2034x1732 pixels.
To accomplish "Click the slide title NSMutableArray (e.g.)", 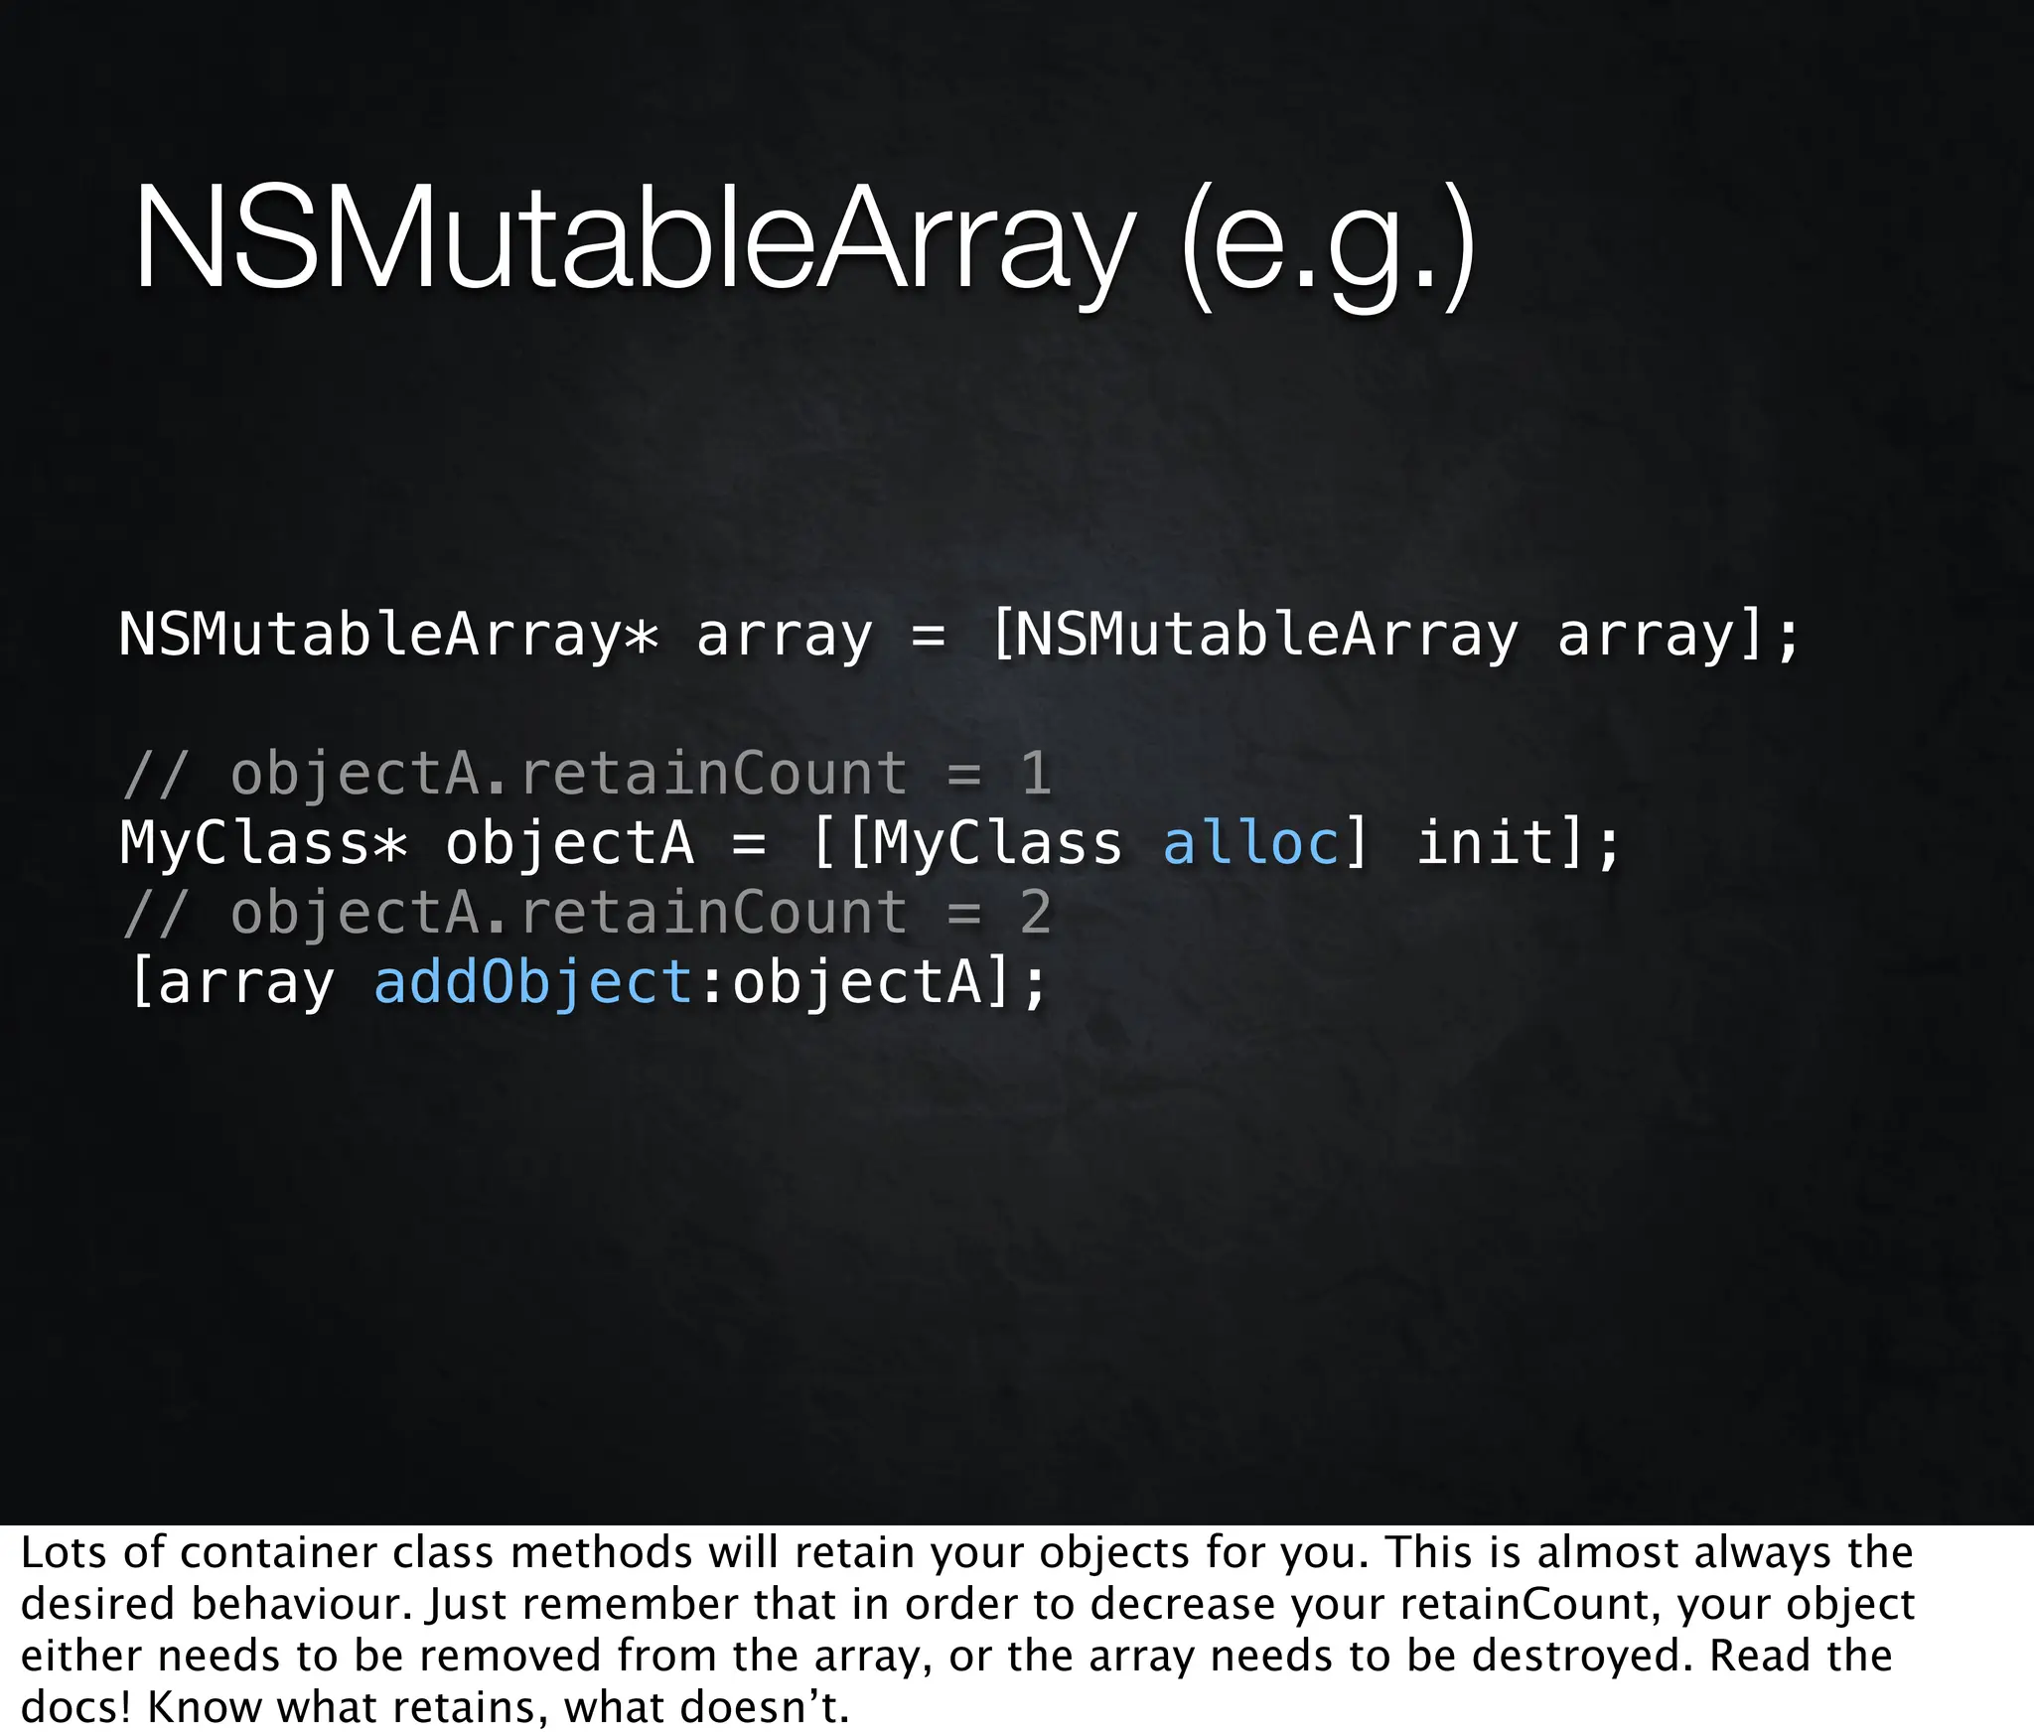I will [804, 243].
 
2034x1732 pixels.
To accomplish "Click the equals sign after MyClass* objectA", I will [749, 844].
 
